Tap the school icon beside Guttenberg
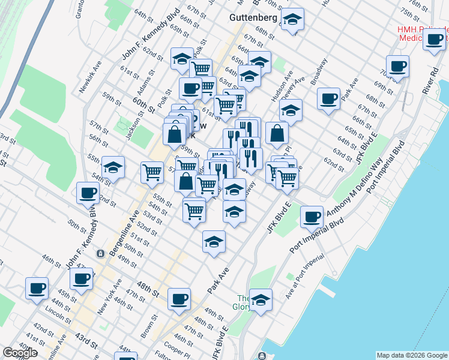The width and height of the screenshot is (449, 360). point(292,20)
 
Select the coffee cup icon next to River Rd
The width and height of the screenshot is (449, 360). point(434,40)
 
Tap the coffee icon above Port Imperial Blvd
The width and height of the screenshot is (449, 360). point(311,217)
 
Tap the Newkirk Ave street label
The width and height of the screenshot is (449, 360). point(91,76)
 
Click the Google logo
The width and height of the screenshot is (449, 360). point(20,353)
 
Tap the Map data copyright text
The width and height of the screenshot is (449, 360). point(412,355)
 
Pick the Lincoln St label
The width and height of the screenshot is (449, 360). point(58,313)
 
